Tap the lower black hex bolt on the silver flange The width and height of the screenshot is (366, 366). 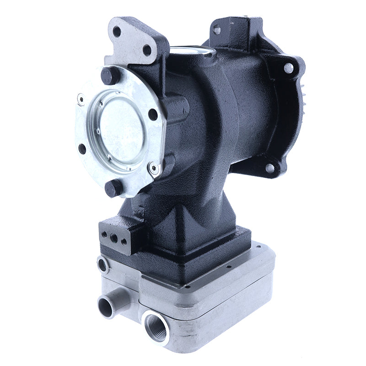tap(113, 188)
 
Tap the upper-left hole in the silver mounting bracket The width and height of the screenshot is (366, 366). tap(117, 32)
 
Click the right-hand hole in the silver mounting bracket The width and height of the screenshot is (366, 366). tap(147, 50)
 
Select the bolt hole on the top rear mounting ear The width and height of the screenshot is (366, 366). tap(216, 30)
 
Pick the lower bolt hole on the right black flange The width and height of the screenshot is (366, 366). tap(270, 168)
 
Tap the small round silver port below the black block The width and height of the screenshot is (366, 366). tap(102, 265)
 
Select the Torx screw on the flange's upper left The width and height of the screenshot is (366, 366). tap(81, 97)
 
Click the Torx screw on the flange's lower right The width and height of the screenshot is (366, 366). tap(154, 169)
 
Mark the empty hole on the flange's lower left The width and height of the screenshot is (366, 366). tap(82, 149)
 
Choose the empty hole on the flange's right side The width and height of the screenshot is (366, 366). tap(152, 114)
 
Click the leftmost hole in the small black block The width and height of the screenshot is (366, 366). tap(105, 234)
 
